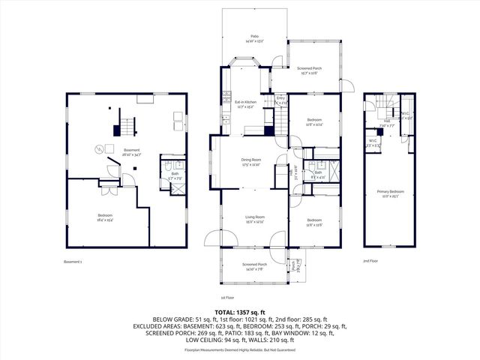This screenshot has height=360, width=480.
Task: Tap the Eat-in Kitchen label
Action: (x=245, y=103)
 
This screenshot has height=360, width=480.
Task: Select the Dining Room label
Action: (x=251, y=161)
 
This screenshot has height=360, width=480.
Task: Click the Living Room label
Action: (x=255, y=219)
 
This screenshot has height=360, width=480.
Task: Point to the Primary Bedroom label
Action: (x=390, y=194)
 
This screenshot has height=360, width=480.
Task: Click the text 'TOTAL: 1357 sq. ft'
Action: (x=240, y=311)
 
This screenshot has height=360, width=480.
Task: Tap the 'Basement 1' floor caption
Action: (x=73, y=262)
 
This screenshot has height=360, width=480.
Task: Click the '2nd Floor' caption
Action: (x=370, y=262)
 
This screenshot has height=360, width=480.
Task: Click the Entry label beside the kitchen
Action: (x=280, y=99)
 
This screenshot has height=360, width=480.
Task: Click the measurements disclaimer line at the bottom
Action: (x=240, y=350)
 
